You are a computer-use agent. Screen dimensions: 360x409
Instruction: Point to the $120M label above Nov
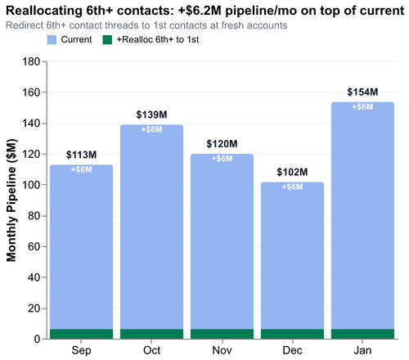[222, 144]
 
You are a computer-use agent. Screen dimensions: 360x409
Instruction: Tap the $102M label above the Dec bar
[292, 172]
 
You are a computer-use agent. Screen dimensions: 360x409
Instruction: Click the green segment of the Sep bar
[81, 334]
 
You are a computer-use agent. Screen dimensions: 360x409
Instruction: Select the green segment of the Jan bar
[362, 334]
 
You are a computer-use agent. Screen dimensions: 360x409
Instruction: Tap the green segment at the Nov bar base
[222, 334]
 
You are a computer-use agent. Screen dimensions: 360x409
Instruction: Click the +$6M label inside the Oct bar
[151, 130]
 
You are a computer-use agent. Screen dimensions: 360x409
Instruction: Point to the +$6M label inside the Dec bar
[292, 187]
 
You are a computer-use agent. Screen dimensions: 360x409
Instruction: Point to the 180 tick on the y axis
[32, 61]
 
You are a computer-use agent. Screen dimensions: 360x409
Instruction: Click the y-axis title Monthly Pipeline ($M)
[12, 200]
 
